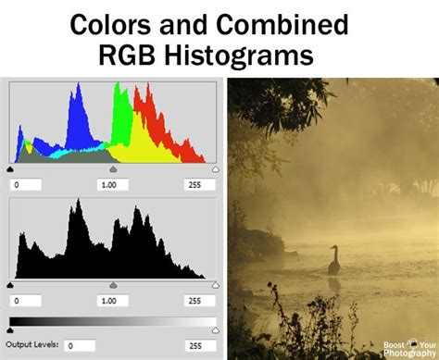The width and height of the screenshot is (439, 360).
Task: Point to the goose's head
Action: (x=331, y=249)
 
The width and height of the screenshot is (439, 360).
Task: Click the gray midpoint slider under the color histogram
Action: (x=113, y=170)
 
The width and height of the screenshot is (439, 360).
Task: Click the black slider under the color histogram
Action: (x=10, y=170)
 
